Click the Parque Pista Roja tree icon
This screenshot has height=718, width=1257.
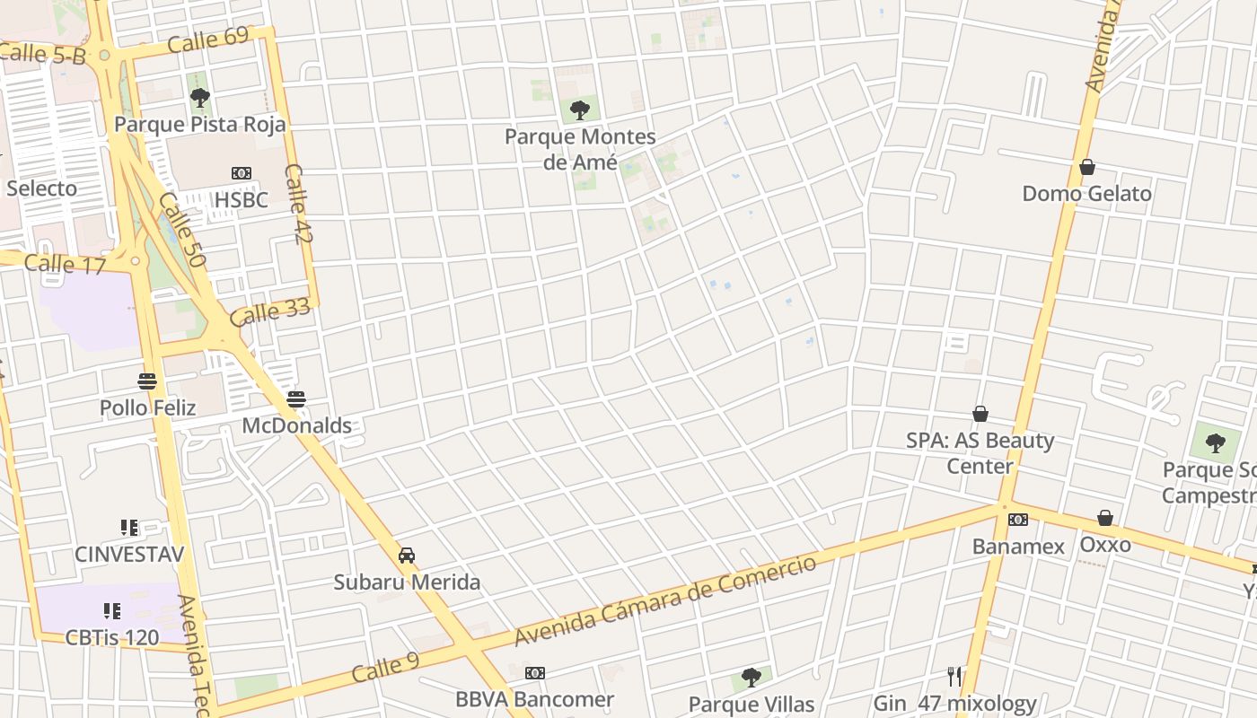tap(200, 97)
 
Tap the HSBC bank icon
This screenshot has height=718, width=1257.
tap(241, 173)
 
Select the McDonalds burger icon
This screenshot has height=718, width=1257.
tap(296, 399)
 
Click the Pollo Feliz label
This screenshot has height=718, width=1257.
tap(147, 407)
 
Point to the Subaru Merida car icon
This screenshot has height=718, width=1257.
tap(407, 556)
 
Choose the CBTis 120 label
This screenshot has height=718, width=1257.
tap(112, 638)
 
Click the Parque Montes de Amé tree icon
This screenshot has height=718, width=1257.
tap(580, 110)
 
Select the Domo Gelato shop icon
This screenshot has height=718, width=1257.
tap(1086, 167)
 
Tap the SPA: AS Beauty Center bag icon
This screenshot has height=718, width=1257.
tap(980, 414)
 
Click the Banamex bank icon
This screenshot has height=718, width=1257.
tap(1017, 520)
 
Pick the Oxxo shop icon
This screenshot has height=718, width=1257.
tap(1105, 518)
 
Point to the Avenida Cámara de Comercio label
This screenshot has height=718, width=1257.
tap(665, 600)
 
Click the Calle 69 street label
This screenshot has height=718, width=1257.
tap(207, 39)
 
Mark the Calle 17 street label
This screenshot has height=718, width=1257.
tap(65, 264)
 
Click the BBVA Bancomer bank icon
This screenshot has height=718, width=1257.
tap(534, 673)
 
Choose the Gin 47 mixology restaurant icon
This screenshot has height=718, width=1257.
tap(954, 676)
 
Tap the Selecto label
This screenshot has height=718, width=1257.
tap(41, 188)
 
